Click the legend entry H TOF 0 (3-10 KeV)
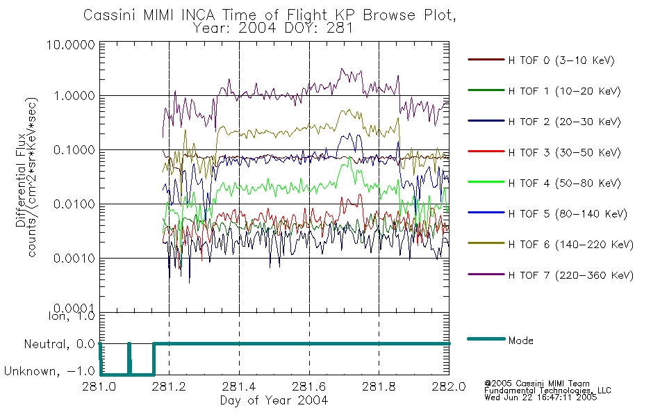click(x=561, y=60)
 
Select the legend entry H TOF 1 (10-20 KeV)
click(x=564, y=91)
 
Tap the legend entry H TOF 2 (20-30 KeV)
click(x=564, y=122)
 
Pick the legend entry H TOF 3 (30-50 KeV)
click(x=564, y=152)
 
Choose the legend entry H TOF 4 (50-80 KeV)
click(x=564, y=183)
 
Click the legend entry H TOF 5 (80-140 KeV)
click(x=568, y=214)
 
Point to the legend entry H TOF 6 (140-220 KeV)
click(x=570, y=245)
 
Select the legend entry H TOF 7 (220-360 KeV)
click(x=570, y=275)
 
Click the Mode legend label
click(x=520, y=341)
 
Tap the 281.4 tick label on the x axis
click(x=239, y=386)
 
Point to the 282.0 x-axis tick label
click(x=449, y=386)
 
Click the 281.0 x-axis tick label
click(x=99, y=386)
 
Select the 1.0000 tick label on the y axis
click(x=74, y=96)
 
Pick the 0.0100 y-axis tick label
click(x=74, y=204)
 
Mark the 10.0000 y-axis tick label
click(x=71, y=44)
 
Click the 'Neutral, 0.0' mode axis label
click(x=59, y=344)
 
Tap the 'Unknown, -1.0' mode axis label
click(x=49, y=371)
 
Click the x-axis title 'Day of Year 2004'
click(x=274, y=400)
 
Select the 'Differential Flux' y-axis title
click(x=21, y=180)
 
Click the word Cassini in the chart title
click(x=110, y=15)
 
